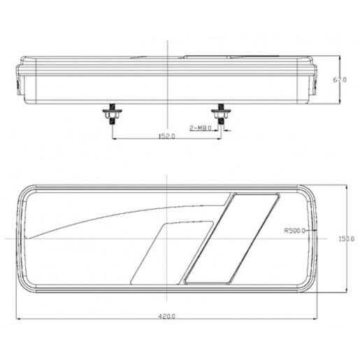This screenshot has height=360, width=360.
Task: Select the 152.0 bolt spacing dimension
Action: point(166,137)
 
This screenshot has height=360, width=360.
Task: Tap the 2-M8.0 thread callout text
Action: point(201,127)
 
